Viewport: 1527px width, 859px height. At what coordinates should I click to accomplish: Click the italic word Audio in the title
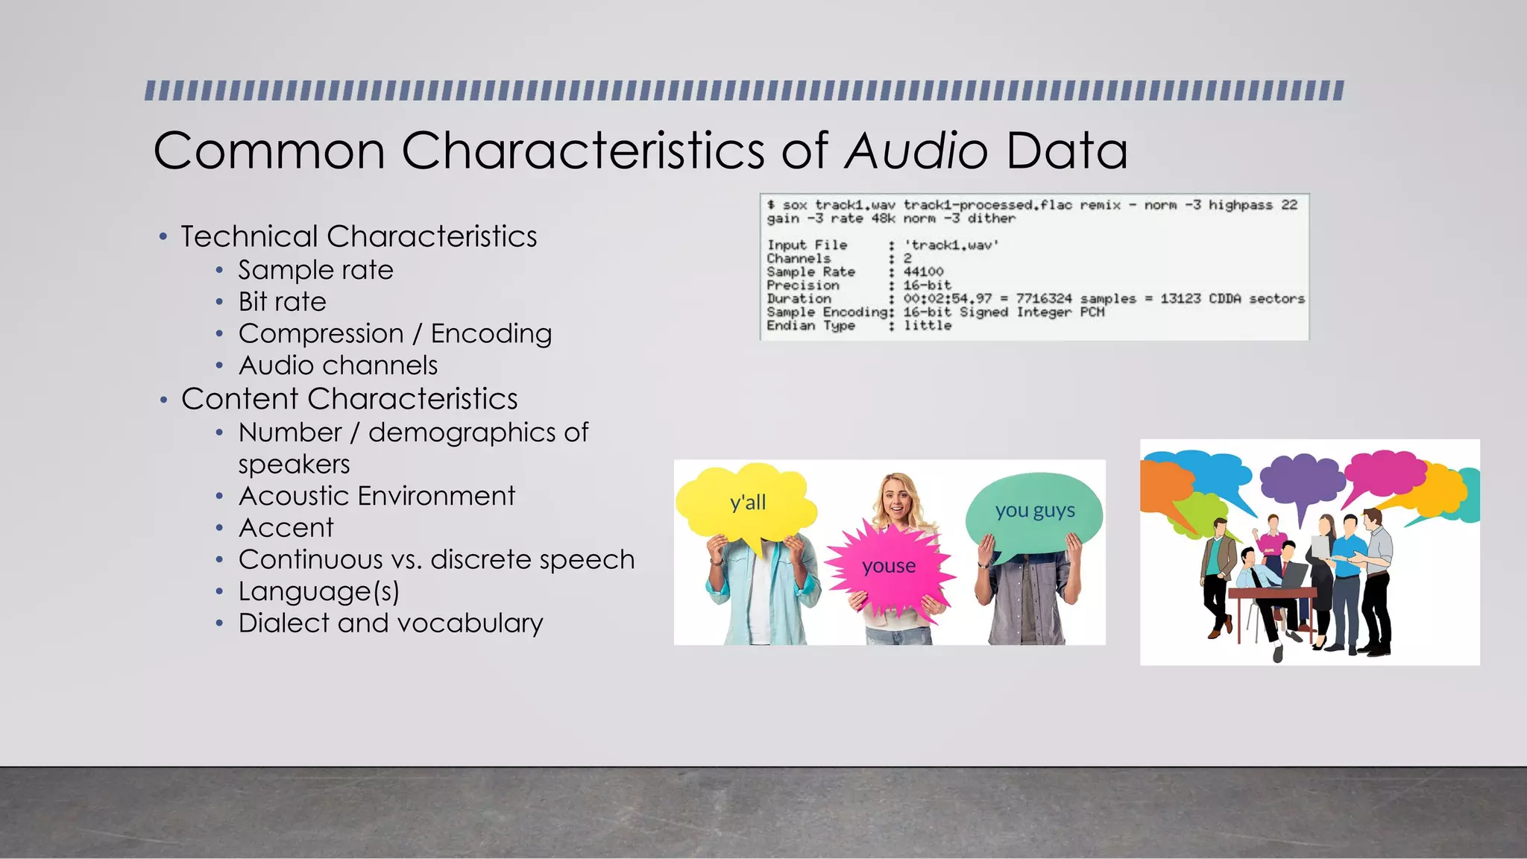(916, 151)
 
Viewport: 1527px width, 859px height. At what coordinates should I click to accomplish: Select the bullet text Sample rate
(315, 270)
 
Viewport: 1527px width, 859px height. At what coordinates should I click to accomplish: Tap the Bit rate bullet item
(282, 302)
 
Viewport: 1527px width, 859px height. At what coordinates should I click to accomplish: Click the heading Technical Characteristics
(359, 236)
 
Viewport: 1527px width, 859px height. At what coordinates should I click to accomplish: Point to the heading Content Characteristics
(349, 399)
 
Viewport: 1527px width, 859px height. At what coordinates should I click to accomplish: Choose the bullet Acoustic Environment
(377, 496)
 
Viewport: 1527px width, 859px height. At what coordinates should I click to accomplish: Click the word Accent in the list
(286, 528)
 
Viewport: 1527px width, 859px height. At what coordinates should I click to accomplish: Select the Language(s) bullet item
(318, 591)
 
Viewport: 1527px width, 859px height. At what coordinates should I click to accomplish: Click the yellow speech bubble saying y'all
(747, 502)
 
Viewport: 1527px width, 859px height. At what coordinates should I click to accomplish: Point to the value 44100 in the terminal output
(923, 272)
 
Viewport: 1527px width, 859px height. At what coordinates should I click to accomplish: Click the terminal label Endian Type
(810, 326)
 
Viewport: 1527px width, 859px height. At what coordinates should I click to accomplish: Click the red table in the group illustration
(1271, 595)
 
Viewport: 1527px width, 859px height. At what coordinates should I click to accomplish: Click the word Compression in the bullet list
(321, 333)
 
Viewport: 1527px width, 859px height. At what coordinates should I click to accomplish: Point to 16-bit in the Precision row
(927, 286)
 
